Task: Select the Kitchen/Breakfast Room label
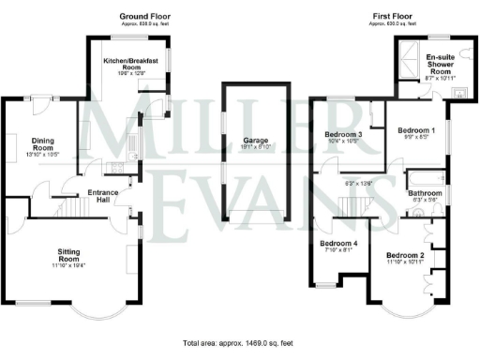pyautogui.click(x=130, y=64)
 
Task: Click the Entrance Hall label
pyautogui.click(x=104, y=196)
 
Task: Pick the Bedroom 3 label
pyautogui.click(x=343, y=134)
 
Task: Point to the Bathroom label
pyautogui.click(x=423, y=192)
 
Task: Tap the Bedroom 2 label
pyautogui.click(x=406, y=255)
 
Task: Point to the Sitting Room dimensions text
pyautogui.click(x=70, y=265)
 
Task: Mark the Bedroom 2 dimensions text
pyautogui.click(x=406, y=262)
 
